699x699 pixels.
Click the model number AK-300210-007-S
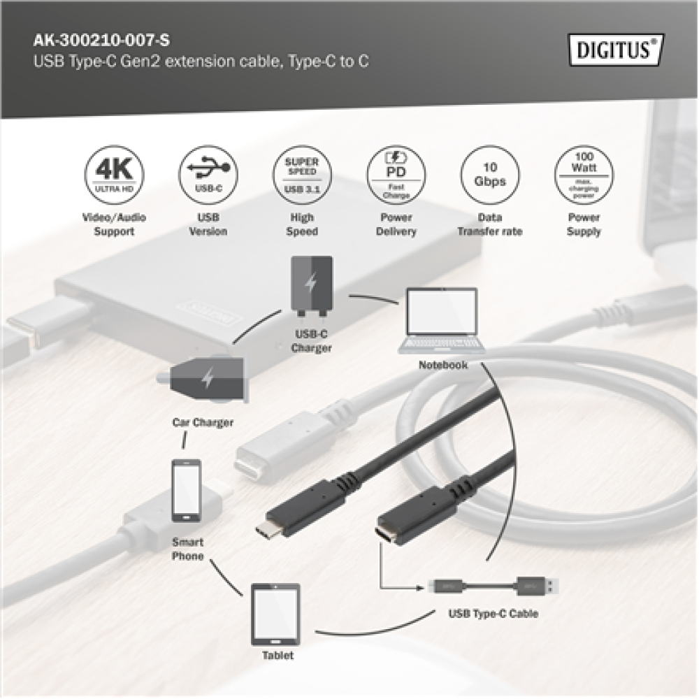(98, 41)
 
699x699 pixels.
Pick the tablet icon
(275, 614)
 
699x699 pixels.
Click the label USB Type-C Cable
(493, 614)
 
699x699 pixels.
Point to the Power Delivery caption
(396, 224)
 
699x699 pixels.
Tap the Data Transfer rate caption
(489, 224)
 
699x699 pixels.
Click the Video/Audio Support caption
(113, 224)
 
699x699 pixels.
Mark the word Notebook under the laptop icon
(443, 365)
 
